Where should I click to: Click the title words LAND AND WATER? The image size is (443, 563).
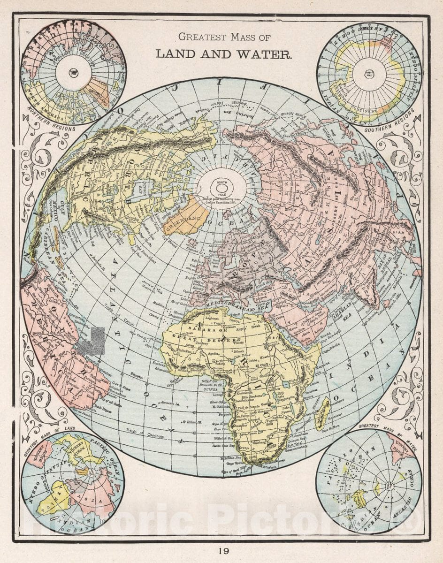[x=223, y=54]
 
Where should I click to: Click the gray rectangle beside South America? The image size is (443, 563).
[x=92, y=341]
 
